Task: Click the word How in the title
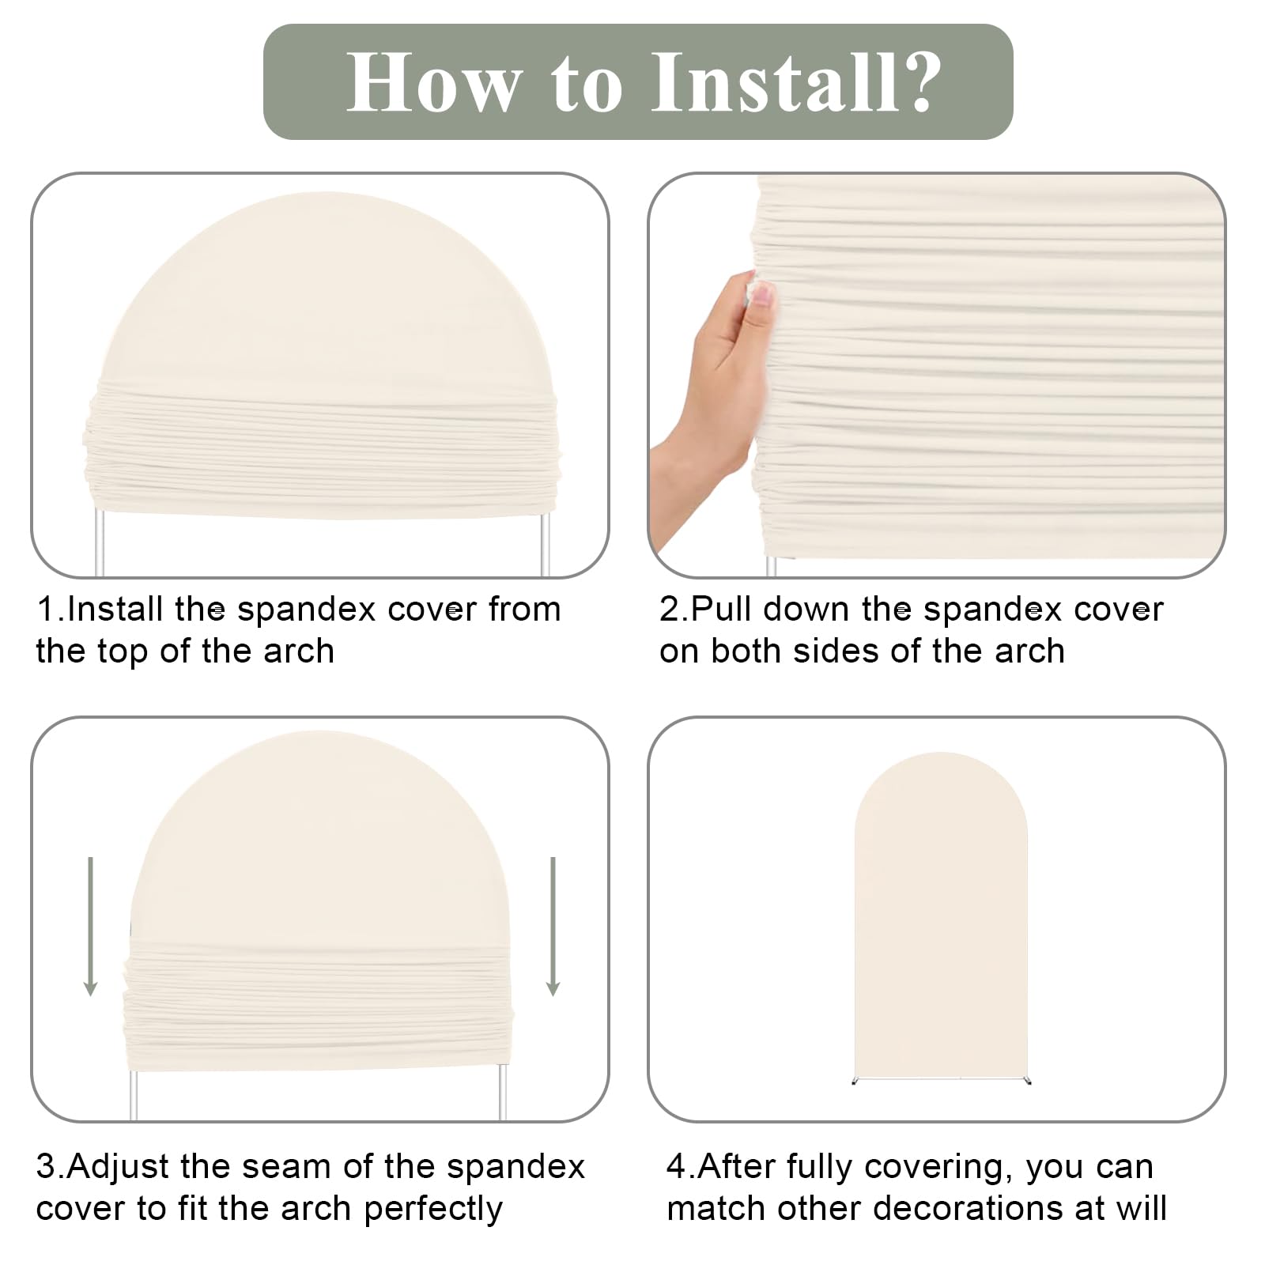(435, 82)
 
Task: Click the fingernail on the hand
(761, 296)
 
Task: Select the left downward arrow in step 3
(91, 926)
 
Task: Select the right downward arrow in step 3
(553, 926)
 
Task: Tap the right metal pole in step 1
(545, 546)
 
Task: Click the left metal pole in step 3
(134, 1095)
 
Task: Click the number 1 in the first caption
(46, 610)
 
